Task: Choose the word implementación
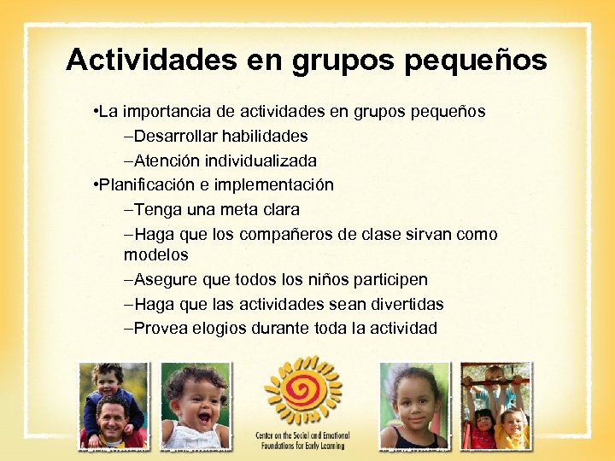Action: [282, 184]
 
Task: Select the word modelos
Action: [155, 254]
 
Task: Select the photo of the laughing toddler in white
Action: [196, 406]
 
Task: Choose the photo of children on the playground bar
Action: [495, 406]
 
